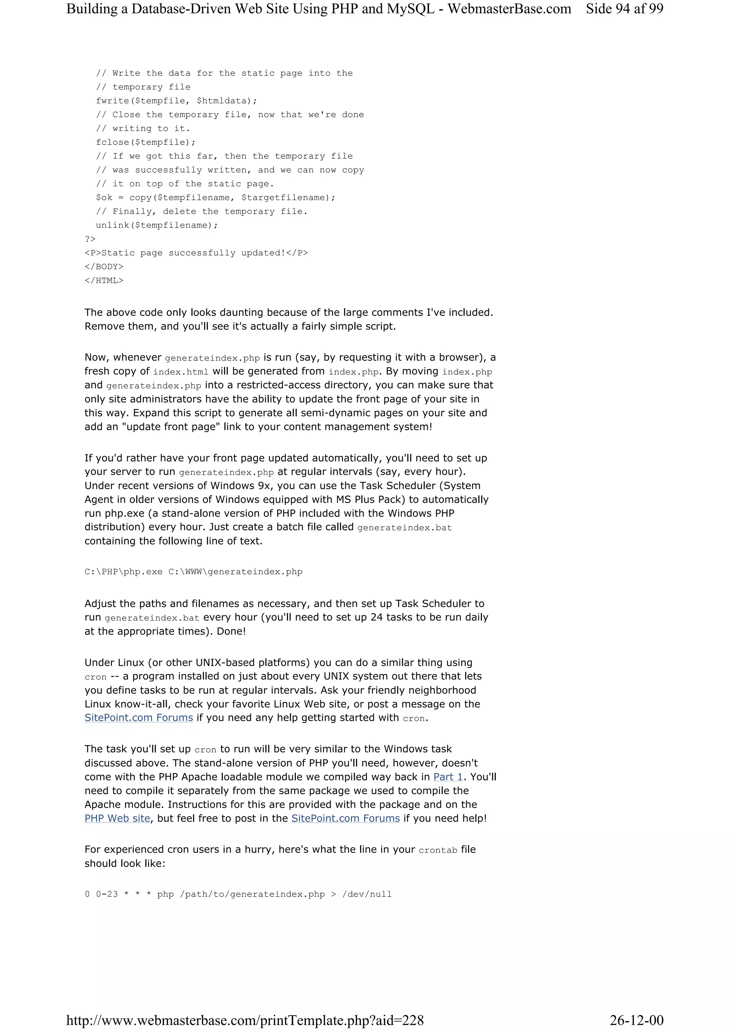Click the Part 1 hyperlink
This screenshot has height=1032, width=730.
[448, 777]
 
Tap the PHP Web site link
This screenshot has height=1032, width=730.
[117, 818]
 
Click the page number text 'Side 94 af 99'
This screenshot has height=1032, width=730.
[624, 9]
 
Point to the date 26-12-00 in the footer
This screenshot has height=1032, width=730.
[637, 1020]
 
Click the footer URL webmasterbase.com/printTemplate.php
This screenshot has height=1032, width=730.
[245, 1020]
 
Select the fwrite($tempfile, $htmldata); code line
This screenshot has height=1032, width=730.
[176, 101]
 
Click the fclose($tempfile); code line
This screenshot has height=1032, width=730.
[146, 142]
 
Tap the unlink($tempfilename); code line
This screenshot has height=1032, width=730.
[156, 225]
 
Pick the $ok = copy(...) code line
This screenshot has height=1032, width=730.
[215, 197]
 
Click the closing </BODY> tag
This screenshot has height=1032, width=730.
[104, 266]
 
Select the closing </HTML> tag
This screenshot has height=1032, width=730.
[104, 281]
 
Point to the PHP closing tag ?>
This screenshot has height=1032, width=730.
[90, 239]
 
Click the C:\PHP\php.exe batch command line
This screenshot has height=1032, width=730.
[194, 572]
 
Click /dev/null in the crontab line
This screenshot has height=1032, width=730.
[366, 894]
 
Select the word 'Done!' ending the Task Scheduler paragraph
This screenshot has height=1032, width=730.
[231, 631]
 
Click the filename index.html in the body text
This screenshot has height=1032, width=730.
[180, 372]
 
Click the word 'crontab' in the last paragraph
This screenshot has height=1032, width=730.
[438, 850]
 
